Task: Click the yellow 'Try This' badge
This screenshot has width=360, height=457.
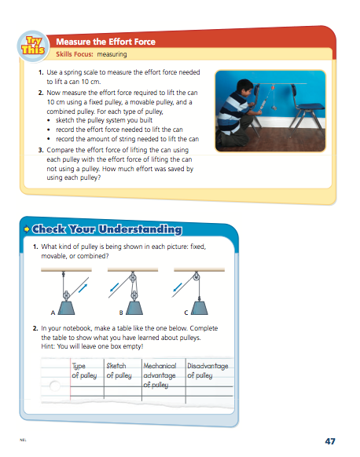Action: click(x=36, y=46)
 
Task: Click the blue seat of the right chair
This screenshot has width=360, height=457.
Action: click(x=308, y=108)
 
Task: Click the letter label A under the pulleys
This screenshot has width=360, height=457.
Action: click(x=53, y=311)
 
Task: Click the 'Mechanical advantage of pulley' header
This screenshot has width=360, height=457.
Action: click(x=159, y=375)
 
